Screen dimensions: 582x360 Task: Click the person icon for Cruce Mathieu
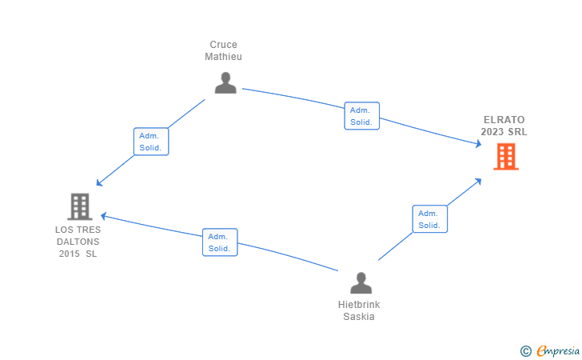[225, 82]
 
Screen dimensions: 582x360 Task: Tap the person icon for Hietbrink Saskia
[361, 282]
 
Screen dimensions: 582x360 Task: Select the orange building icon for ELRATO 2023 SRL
[506, 157]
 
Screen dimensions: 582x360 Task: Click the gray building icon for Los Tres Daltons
[80, 206]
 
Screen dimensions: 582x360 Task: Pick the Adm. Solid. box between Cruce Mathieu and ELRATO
[362, 116]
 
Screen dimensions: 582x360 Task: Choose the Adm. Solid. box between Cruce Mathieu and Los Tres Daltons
[151, 142]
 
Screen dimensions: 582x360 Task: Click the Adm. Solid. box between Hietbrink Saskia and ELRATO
[430, 219]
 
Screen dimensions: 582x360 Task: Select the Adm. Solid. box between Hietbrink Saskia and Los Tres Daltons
[220, 242]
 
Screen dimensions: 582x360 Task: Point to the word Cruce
[224, 45]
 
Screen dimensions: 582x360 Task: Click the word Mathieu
[224, 57]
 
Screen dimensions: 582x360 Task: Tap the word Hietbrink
[359, 305]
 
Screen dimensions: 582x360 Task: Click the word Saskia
[359, 317]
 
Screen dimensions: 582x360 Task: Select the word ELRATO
[504, 120]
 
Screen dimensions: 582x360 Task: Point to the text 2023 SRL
[504, 132]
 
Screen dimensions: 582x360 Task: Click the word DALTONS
[78, 242]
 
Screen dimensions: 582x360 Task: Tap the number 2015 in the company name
[69, 254]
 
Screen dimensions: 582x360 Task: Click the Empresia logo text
[558, 350]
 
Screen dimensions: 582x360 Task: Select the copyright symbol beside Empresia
[526, 351]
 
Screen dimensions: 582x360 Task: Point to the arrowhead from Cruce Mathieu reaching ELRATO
[478, 143]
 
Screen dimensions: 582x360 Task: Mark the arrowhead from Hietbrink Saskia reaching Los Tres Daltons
[104, 216]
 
